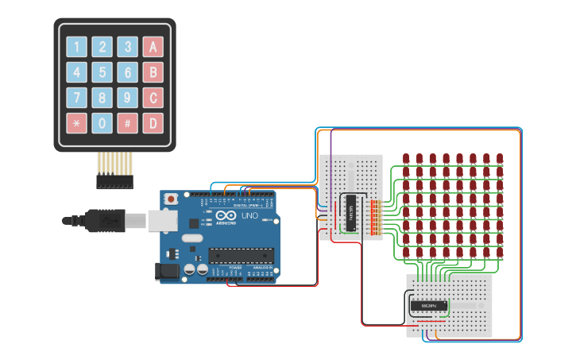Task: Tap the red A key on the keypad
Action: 153,47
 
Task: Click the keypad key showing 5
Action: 102,72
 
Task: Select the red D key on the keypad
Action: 153,123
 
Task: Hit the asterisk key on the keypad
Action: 76,123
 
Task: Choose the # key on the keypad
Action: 127,123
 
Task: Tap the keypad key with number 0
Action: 102,123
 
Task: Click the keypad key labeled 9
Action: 127,98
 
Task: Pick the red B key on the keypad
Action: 153,72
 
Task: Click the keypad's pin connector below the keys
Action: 114,182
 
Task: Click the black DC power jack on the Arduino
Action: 166,271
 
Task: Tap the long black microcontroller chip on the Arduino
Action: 241,255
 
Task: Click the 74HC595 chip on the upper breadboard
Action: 350,215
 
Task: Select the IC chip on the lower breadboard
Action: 428,305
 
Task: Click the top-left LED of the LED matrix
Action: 406,160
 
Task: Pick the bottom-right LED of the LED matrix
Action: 500,253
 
